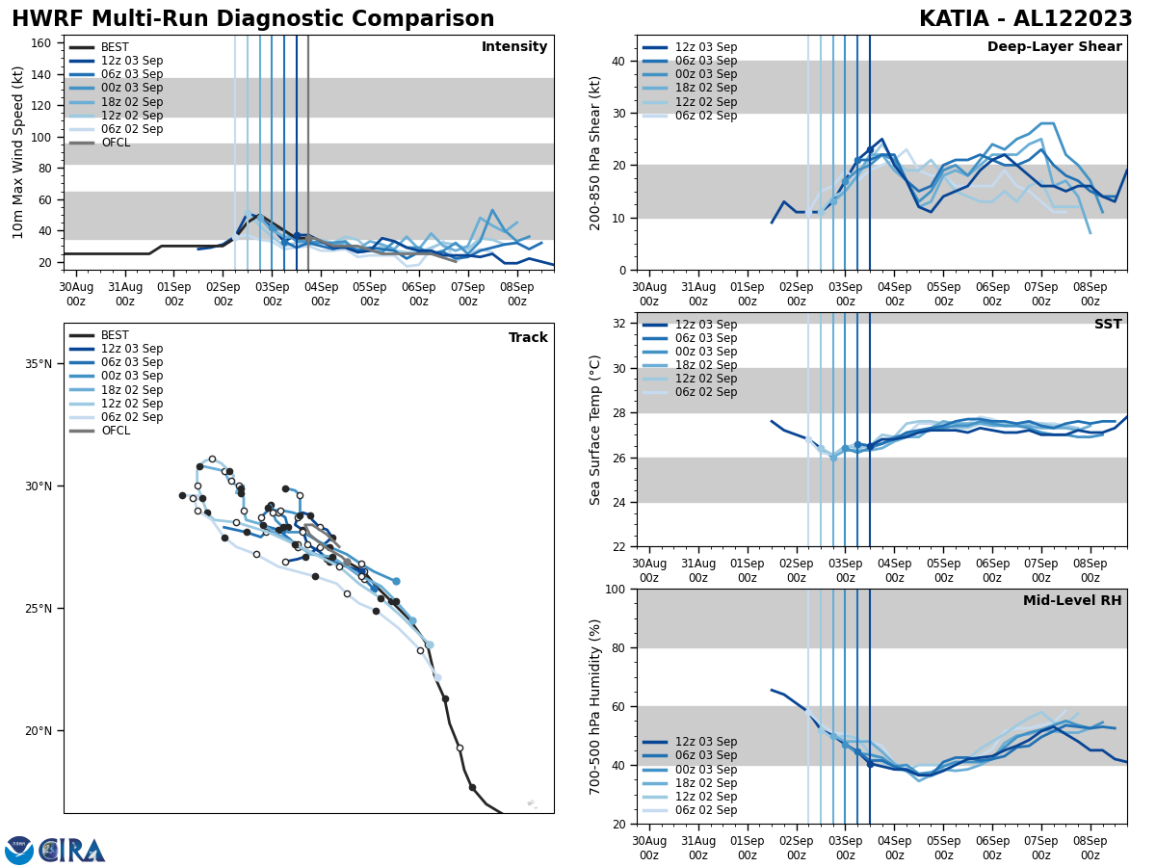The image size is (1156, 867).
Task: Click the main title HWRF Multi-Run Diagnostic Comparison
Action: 252,19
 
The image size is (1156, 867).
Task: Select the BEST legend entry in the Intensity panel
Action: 115,47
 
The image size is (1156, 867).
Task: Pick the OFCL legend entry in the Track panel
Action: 116,431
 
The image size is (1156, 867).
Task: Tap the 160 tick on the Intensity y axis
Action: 43,42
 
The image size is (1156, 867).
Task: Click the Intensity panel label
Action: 514,47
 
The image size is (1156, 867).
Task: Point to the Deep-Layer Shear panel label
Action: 1054,47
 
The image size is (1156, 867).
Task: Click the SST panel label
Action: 1108,325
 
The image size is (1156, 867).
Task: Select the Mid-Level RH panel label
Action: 1072,601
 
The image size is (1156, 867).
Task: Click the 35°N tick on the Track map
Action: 39,364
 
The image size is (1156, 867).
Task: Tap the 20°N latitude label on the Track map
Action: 39,731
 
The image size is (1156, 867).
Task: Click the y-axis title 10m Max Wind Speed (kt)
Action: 18,152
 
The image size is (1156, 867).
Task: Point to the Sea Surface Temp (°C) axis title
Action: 595,430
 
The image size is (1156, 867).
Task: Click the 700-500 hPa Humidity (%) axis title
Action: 595,706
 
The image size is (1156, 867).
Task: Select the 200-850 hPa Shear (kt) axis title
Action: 595,152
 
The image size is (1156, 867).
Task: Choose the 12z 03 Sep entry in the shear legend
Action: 706,47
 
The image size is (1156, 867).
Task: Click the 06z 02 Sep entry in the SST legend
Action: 706,392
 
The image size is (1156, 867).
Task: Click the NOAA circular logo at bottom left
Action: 19,851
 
